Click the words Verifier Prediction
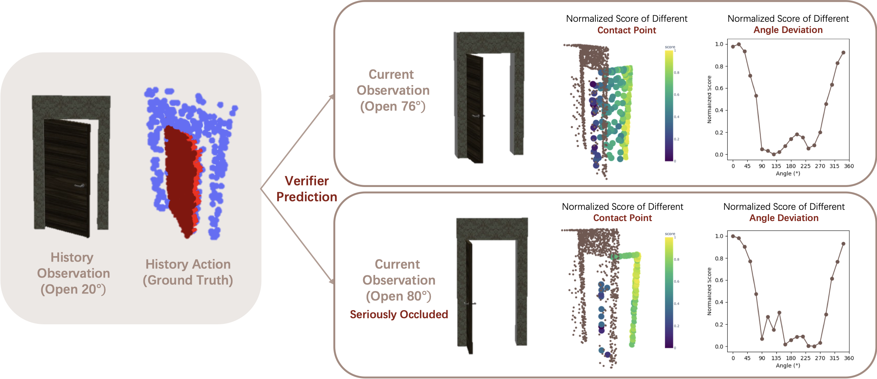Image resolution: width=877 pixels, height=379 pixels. tap(307, 189)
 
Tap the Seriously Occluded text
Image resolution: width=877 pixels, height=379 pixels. tap(399, 315)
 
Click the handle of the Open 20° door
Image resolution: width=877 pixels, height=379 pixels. tap(80, 186)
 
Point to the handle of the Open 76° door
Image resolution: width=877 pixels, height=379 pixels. tap(477, 116)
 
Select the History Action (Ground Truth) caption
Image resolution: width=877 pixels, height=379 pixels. tap(188, 272)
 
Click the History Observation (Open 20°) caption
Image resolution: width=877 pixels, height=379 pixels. tap(73, 273)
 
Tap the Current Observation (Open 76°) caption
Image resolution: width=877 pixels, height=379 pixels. tap(393, 90)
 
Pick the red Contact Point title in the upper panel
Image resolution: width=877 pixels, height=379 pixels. tap(627, 30)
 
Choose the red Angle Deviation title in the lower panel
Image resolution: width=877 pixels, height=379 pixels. tap(784, 218)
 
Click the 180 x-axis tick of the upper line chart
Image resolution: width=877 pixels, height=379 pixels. tap(791, 166)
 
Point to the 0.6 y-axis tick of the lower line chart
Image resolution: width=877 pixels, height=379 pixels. tap(719, 280)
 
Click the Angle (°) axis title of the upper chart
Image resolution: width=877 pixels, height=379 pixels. tap(788, 174)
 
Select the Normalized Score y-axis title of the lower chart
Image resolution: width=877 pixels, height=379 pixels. tap(709, 291)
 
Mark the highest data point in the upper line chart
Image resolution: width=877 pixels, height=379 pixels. tap(739, 45)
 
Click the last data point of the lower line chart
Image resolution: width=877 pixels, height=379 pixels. tap(843, 244)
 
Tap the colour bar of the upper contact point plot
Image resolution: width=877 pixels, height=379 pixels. tap(669, 105)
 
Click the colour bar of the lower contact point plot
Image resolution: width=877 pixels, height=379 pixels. tap(669, 292)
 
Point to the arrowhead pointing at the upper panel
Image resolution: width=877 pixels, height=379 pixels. tap(331, 97)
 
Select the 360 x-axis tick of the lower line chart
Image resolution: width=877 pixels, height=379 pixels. tap(849, 358)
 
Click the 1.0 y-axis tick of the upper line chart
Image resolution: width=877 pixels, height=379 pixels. tap(719, 44)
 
